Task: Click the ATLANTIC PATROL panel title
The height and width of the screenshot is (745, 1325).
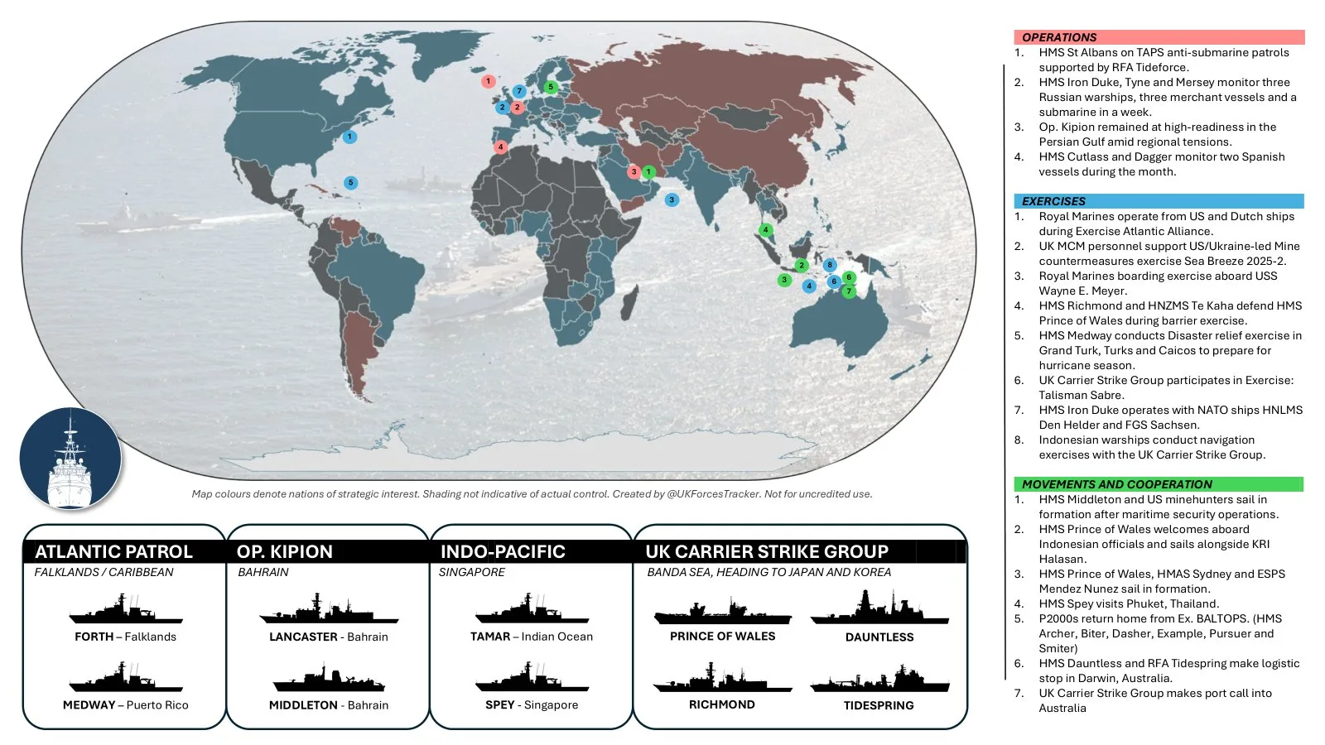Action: click(x=113, y=552)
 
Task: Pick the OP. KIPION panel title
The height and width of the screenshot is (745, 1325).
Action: click(x=285, y=552)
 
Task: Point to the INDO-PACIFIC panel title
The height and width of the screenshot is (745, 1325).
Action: click(x=503, y=552)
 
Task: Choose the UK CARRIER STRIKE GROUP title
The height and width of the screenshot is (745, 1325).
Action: click(x=767, y=552)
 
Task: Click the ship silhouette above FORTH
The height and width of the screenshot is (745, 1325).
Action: click(x=126, y=609)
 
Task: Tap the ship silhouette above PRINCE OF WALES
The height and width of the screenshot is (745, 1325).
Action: click(x=722, y=612)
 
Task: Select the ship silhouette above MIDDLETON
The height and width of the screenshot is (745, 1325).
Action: click(x=329, y=678)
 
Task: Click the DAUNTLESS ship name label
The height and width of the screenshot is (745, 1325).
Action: click(x=879, y=637)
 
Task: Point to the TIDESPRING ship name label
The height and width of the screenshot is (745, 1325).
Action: click(x=879, y=705)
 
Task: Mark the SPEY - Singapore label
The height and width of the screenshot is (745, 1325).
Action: click(x=532, y=705)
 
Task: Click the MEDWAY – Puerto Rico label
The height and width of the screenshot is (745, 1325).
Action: click(x=126, y=705)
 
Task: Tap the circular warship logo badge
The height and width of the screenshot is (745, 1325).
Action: click(x=70, y=458)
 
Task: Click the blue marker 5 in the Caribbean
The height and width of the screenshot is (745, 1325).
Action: click(x=351, y=183)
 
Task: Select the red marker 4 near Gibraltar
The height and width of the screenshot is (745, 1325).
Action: click(x=500, y=147)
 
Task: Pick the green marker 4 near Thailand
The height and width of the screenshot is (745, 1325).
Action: click(x=766, y=230)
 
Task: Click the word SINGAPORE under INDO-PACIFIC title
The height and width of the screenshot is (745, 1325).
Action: click(x=472, y=572)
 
